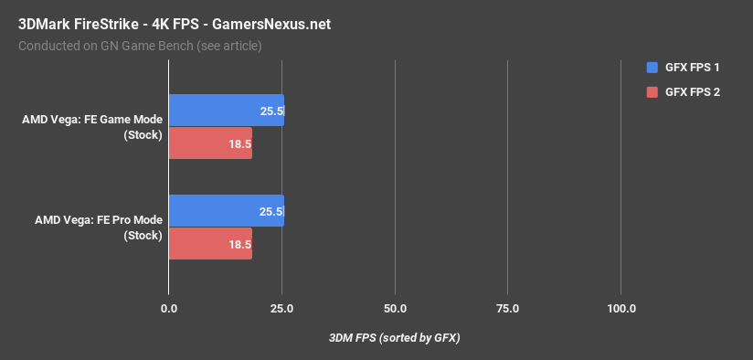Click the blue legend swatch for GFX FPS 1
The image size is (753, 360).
652,67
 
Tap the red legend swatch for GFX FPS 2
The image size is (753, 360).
652,92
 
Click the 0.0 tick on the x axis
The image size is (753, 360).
168,309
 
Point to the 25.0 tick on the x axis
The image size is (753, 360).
281,309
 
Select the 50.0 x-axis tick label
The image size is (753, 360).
395,309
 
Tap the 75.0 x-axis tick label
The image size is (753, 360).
508,309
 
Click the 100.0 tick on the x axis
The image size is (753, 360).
621,309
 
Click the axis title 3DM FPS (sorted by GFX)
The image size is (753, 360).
394,338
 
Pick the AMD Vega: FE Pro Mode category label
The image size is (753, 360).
99,228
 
